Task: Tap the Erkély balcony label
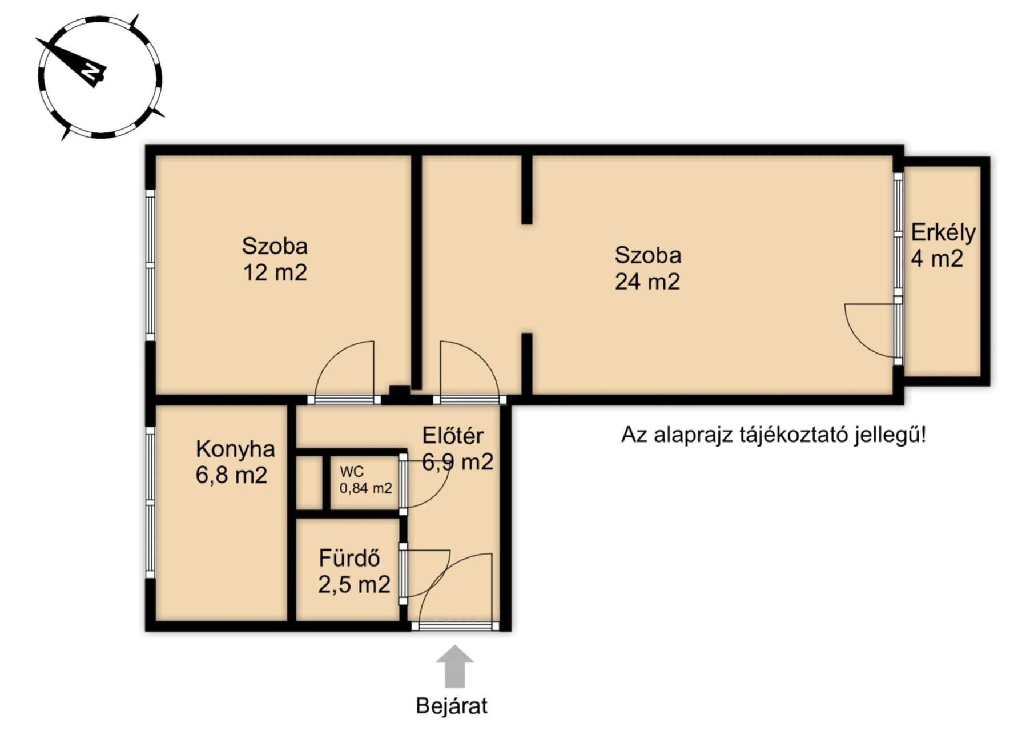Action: click(943, 232)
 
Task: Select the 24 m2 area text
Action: click(647, 282)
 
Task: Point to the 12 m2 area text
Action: click(275, 272)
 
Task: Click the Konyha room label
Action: click(235, 449)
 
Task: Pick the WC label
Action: click(352, 472)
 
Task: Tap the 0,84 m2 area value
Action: click(366, 489)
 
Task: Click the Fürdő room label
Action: click(349, 558)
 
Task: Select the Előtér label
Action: click(453, 436)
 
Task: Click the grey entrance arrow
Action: click(454, 666)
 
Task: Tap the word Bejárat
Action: click(452, 706)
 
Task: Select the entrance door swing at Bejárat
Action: click(456, 588)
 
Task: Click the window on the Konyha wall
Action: click(150, 503)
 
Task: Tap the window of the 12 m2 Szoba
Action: click(150, 266)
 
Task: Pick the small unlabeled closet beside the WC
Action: click(310, 483)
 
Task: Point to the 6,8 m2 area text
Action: click(231, 475)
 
